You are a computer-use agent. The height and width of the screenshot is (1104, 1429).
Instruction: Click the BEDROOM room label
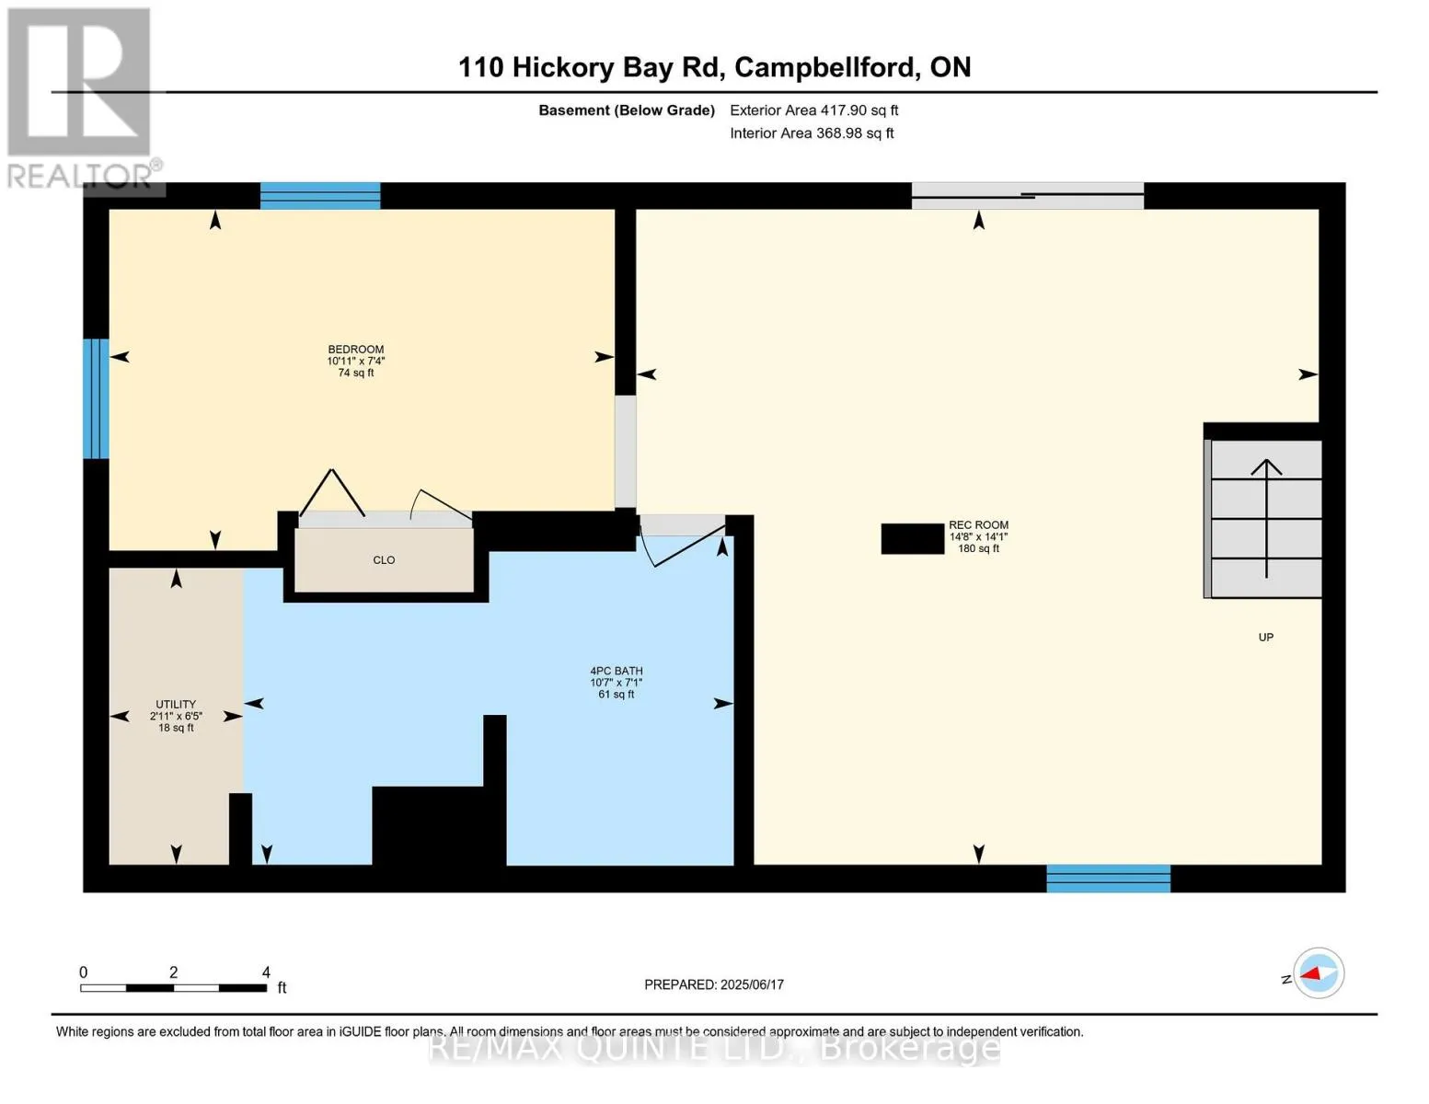pyautogui.click(x=356, y=350)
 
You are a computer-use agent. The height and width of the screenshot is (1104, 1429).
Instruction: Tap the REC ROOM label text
pyautogui.click(x=978, y=524)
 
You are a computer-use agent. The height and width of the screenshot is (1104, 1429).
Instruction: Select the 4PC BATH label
pyautogui.click(x=617, y=671)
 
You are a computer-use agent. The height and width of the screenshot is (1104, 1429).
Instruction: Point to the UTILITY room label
pyautogui.click(x=176, y=704)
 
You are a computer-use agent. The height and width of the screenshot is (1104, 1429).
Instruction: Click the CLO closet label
pyautogui.click(x=384, y=560)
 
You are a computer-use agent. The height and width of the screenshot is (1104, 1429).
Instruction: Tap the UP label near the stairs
pyautogui.click(x=1266, y=638)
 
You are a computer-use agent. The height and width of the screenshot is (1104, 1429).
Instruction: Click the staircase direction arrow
pyautogui.click(x=1266, y=519)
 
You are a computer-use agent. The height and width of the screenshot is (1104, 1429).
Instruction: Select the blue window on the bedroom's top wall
pyautogui.click(x=320, y=196)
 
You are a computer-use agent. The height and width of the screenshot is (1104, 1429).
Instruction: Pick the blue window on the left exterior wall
pyautogui.click(x=96, y=398)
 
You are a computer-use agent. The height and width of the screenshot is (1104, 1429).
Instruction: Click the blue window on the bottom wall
pyautogui.click(x=1108, y=879)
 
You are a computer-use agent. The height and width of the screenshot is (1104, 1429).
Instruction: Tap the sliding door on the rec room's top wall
pyautogui.click(x=1027, y=196)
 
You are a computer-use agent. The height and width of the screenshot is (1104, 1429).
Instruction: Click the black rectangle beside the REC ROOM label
pyautogui.click(x=913, y=539)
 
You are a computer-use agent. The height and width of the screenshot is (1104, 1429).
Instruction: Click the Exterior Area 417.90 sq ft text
pyautogui.click(x=814, y=110)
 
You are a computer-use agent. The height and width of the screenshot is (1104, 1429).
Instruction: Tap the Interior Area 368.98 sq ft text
pyautogui.click(x=812, y=133)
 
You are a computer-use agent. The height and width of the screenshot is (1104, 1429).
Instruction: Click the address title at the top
pyautogui.click(x=714, y=67)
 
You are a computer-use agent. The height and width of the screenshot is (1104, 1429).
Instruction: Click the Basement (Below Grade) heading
pyautogui.click(x=627, y=110)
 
